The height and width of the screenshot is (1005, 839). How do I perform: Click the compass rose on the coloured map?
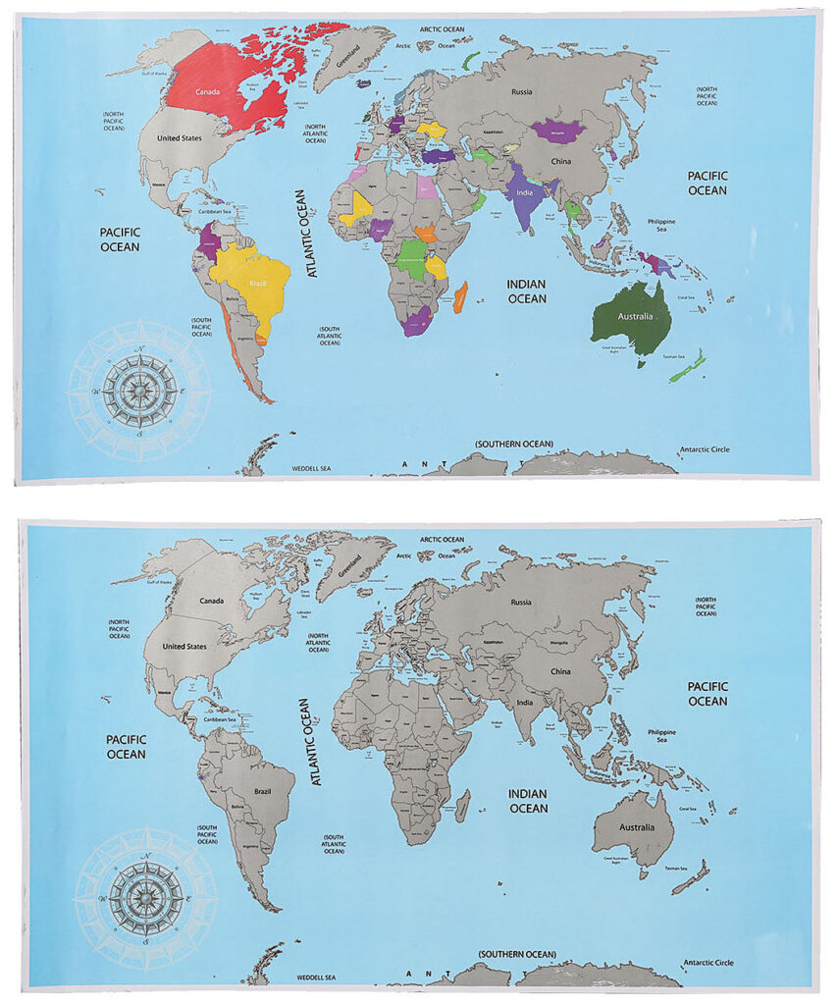[139, 390]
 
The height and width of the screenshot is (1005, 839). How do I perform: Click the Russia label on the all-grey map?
[521, 602]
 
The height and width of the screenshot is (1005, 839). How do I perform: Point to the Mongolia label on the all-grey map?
[558, 642]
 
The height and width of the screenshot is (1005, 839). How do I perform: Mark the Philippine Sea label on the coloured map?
[661, 226]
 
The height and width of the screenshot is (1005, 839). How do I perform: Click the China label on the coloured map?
[561, 161]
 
